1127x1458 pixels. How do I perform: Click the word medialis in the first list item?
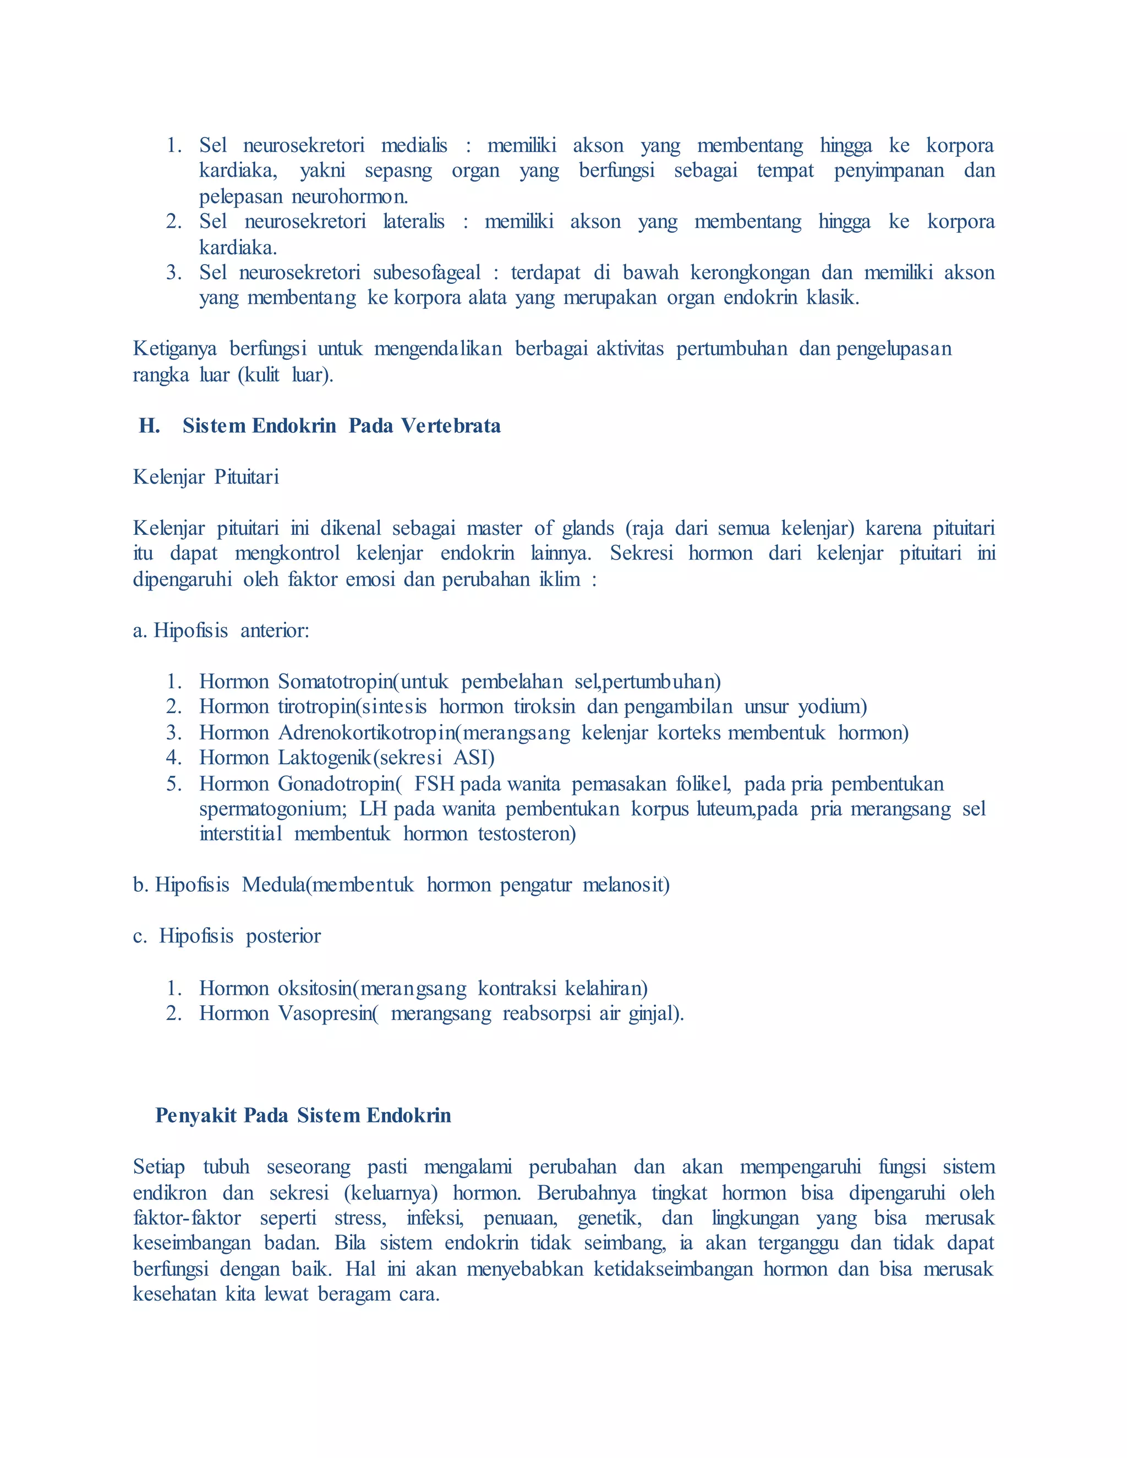coord(414,146)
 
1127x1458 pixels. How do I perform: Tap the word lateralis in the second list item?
coord(413,222)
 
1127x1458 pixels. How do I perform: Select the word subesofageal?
coord(426,272)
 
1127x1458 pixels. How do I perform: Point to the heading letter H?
coord(149,426)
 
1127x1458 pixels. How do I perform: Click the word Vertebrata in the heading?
coord(451,426)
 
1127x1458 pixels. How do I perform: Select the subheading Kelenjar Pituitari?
coord(206,478)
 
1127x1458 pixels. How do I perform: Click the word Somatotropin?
coord(335,682)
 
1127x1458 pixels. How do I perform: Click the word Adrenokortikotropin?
coord(366,733)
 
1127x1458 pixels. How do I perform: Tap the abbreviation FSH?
coord(435,783)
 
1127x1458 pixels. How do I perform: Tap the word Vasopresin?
coord(325,1014)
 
